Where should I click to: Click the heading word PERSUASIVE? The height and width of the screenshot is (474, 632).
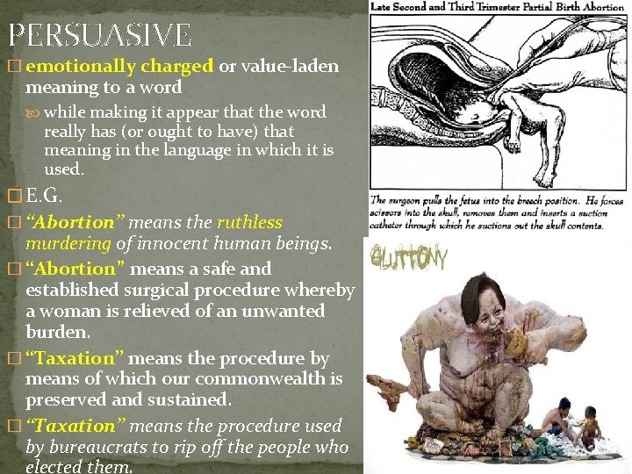(99, 35)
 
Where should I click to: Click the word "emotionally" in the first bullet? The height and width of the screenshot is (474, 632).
(74, 66)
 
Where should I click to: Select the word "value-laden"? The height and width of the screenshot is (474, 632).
(293, 66)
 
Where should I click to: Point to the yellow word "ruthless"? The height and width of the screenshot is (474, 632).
(249, 222)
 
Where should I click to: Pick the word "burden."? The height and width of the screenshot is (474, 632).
(56, 332)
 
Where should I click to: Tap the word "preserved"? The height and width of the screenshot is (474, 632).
(65, 399)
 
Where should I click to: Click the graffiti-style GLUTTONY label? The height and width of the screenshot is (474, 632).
(408, 259)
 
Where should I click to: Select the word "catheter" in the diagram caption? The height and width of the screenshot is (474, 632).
(392, 225)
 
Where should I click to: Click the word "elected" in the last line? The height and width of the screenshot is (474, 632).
(52, 467)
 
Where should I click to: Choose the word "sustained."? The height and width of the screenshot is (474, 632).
(190, 399)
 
